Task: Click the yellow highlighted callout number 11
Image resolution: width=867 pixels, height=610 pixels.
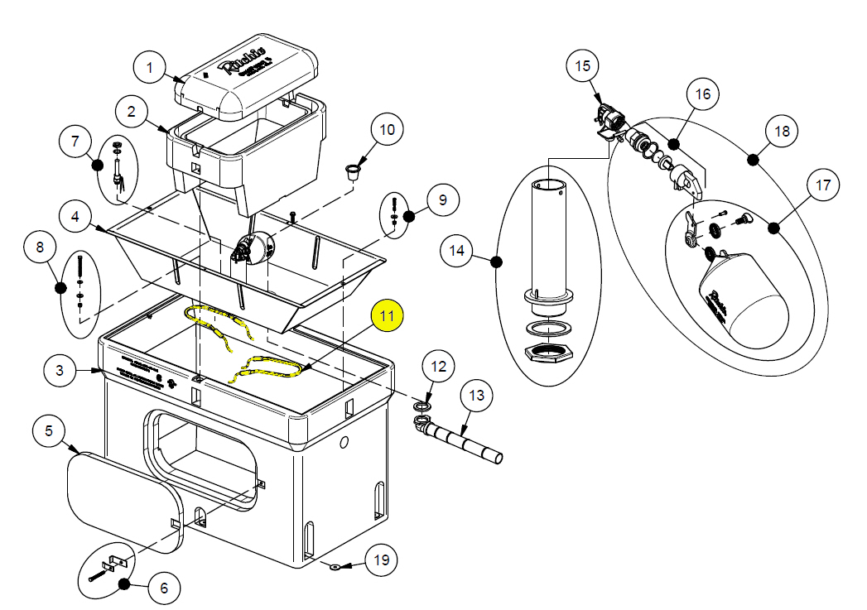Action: (x=388, y=316)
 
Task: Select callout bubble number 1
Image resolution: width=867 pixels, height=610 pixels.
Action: (x=150, y=67)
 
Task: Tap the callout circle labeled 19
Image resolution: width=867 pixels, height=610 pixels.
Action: (x=380, y=560)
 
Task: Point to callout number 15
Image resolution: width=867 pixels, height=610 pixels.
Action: (x=582, y=65)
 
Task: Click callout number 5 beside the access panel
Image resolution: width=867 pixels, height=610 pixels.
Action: (x=49, y=431)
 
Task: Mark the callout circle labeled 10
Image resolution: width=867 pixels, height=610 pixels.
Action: (x=388, y=130)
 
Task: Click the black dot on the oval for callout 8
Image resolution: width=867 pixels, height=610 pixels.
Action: (x=60, y=288)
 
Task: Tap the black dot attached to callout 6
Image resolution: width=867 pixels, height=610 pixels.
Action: (x=124, y=584)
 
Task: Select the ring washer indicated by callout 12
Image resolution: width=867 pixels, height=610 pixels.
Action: (x=423, y=407)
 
